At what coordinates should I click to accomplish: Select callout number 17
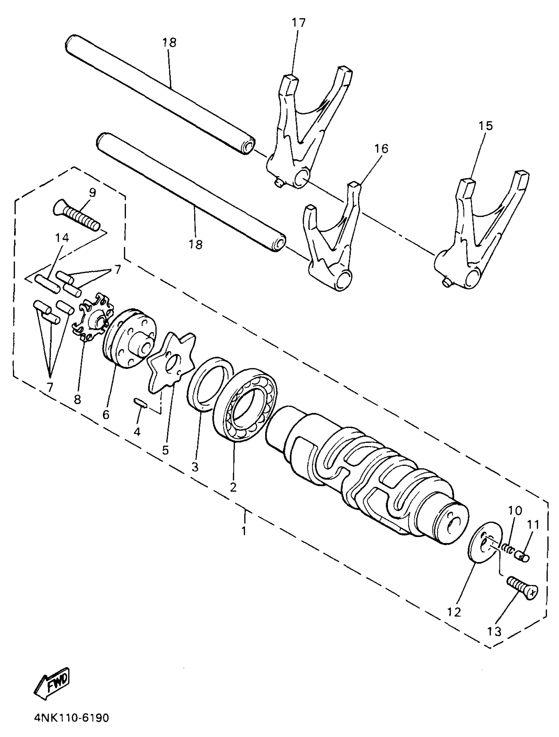click(298, 23)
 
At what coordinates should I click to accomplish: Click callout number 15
click(485, 126)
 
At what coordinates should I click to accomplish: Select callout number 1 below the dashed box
click(244, 530)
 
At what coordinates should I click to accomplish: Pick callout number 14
click(62, 238)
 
